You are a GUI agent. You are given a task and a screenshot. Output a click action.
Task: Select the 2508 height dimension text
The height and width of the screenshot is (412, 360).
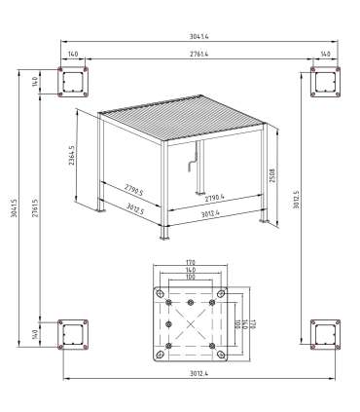pyautogui.click(x=283, y=172)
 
